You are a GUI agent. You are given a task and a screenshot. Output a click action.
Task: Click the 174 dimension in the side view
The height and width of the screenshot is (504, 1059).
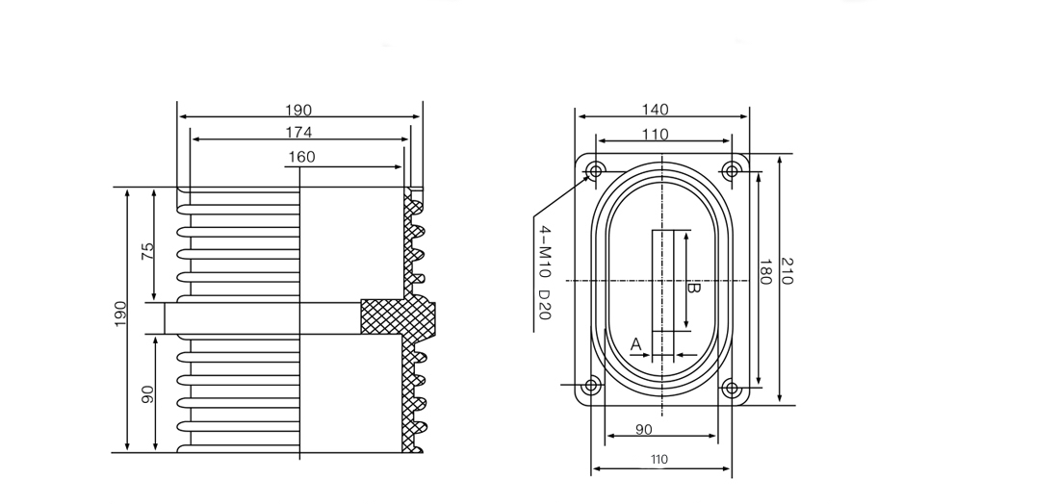click(x=298, y=132)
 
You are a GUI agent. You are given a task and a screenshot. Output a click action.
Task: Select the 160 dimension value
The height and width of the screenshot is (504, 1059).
click(x=300, y=157)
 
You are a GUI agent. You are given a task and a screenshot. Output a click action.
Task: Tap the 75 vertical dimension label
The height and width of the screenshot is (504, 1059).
click(x=147, y=252)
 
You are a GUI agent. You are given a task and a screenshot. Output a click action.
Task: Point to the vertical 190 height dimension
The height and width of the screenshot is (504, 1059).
click(x=120, y=315)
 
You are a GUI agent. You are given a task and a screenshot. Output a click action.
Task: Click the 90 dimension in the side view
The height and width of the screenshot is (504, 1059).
click(x=147, y=393)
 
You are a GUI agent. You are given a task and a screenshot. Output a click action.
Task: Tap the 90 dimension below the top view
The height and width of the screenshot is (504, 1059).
click(x=645, y=429)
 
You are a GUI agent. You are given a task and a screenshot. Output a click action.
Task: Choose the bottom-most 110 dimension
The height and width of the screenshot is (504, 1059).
click(x=659, y=460)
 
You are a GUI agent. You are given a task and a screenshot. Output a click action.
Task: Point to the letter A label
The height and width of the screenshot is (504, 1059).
click(x=635, y=343)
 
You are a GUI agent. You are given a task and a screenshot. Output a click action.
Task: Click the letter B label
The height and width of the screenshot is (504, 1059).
click(x=692, y=288)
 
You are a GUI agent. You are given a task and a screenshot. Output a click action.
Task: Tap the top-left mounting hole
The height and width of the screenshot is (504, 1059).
click(x=596, y=171)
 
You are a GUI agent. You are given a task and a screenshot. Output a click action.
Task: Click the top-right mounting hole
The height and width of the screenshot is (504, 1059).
click(x=732, y=171)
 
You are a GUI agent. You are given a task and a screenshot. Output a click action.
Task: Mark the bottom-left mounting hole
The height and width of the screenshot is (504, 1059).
click(x=591, y=387)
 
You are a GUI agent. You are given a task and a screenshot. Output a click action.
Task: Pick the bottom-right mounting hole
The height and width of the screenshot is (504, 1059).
click(x=732, y=389)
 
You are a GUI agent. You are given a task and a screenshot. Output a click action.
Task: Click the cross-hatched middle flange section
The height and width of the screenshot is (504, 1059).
click(x=397, y=316)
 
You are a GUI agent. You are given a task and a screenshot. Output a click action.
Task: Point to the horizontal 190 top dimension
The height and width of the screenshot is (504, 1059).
click(x=298, y=111)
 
